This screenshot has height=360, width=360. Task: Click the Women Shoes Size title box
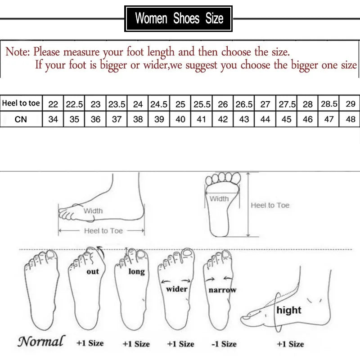[x=179, y=18]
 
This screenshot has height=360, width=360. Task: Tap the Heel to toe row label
[x=21, y=103]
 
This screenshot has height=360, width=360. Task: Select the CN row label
[x=21, y=120]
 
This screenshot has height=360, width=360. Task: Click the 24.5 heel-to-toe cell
[x=159, y=104]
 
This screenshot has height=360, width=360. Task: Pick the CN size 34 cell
[x=53, y=120]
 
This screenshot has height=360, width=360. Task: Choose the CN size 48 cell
[x=351, y=120]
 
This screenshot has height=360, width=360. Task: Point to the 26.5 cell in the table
[x=244, y=104]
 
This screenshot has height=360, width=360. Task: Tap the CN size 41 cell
[x=202, y=120]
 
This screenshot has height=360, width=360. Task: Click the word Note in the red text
[x=17, y=52]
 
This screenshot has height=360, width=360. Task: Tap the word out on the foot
[x=93, y=271]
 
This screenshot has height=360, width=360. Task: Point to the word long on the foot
[x=136, y=271]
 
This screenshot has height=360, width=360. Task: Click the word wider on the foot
[x=176, y=289]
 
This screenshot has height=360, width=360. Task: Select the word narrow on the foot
[x=222, y=290]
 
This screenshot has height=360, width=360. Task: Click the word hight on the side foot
[x=289, y=310]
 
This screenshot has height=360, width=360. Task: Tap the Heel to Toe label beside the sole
[x=270, y=205]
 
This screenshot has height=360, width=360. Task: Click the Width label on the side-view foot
[x=93, y=211]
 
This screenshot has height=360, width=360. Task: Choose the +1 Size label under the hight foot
[x=290, y=344]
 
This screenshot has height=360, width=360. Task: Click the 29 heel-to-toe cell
[x=351, y=104]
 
